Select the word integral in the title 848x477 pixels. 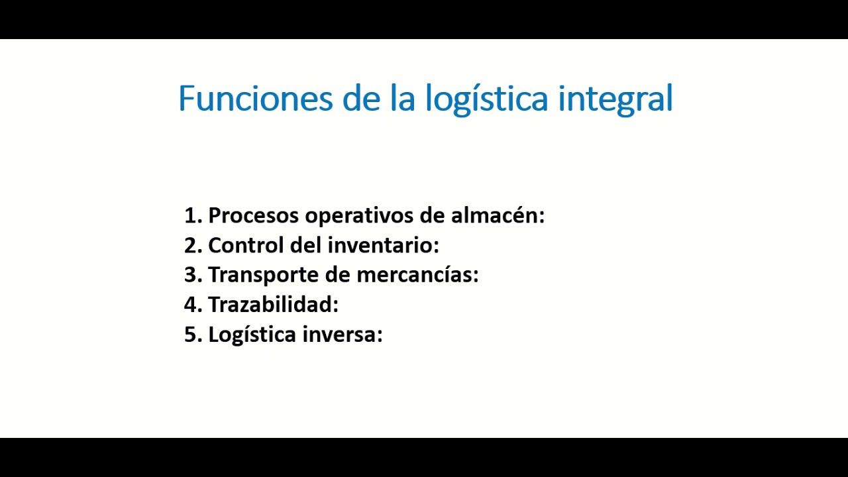615,99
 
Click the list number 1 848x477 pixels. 192,215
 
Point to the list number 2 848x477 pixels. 192,245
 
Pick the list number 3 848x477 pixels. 192,274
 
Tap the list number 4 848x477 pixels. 192,305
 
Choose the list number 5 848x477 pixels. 192,335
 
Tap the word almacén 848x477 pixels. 497,215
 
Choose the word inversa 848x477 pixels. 342,335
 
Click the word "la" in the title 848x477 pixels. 403,98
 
